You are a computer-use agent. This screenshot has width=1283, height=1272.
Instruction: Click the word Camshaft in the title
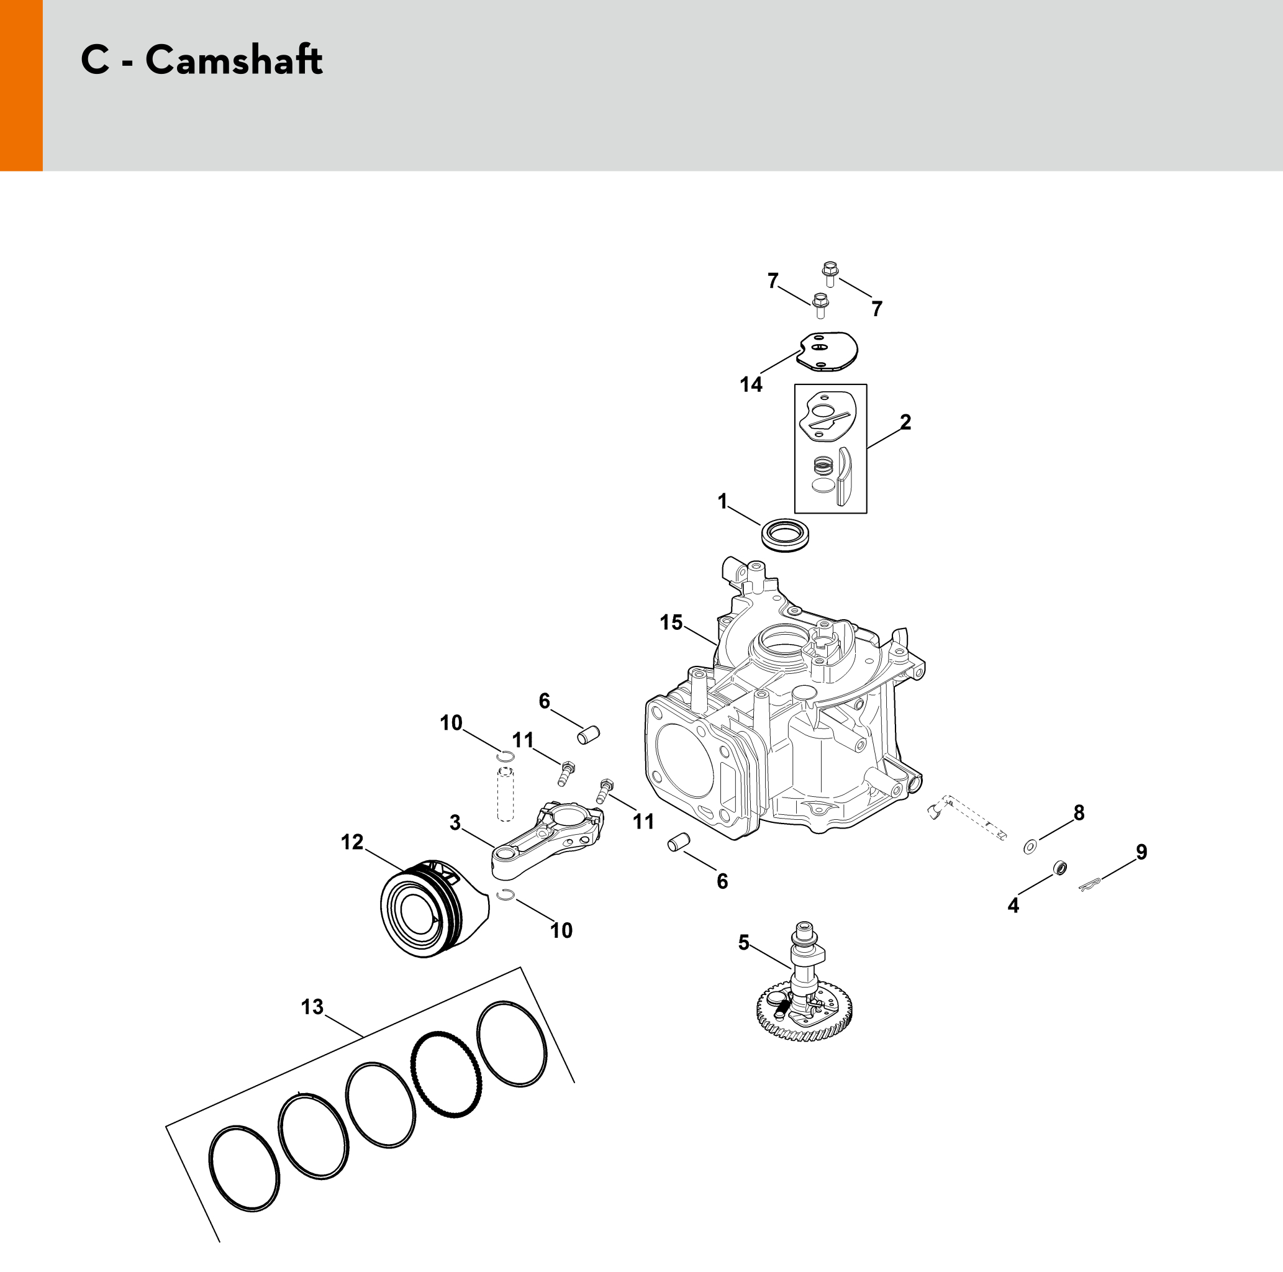point(233,60)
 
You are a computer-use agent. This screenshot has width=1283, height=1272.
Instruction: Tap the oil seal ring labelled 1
point(784,535)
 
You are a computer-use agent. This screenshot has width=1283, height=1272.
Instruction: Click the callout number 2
point(905,422)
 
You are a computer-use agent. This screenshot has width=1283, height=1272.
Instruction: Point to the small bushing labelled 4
point(1061,868)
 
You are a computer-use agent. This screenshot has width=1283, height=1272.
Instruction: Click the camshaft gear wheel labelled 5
point(804,1013)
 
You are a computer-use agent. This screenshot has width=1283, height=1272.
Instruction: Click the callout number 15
point(671,622)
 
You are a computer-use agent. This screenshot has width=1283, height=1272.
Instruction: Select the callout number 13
point(312,1007)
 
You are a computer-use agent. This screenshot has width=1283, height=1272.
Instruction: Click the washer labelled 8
point(1030,847)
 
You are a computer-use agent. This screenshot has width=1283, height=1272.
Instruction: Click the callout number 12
point(352,842)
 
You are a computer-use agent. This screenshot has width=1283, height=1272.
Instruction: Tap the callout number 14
point(751,384)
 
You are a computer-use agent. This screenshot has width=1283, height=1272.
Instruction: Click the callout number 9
point(1141,852)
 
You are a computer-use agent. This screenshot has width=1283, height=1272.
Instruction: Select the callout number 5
point(743,942)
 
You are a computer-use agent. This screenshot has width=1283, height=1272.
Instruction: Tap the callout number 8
point(1079,812)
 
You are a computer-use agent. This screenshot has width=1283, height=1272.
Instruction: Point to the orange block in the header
point(21,85)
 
